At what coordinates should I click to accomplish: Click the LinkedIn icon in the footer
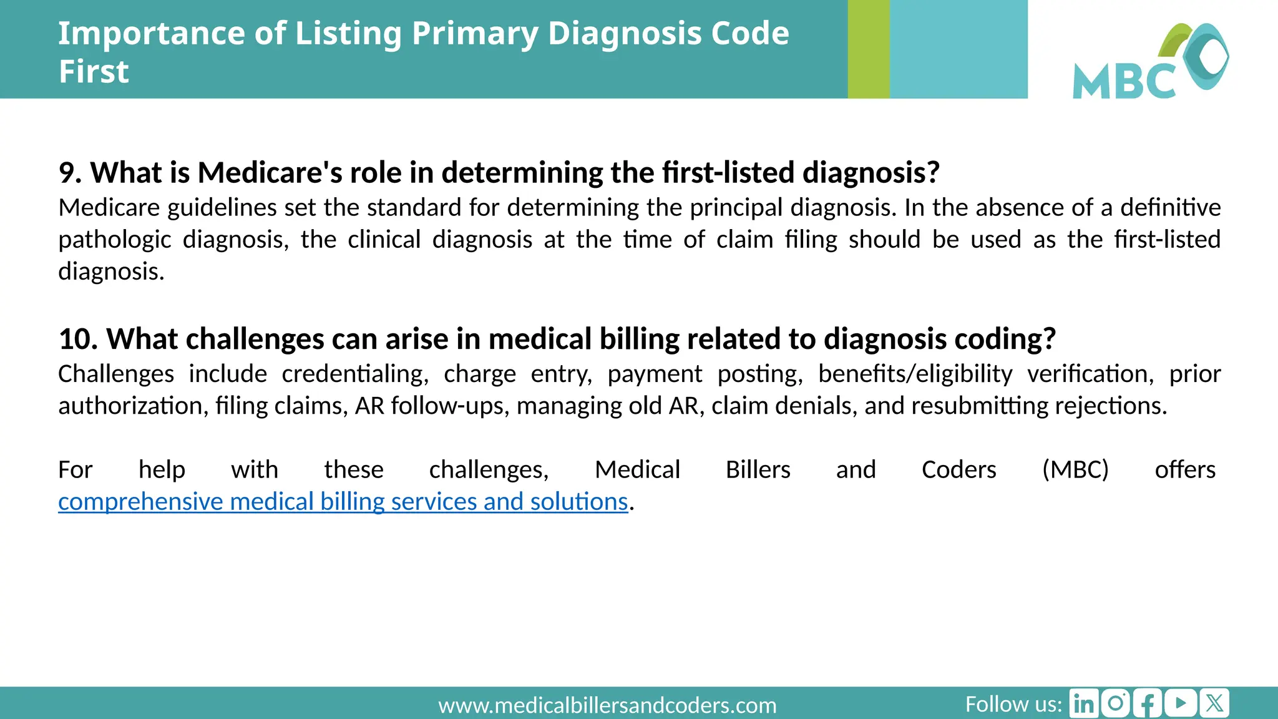(1084, 703)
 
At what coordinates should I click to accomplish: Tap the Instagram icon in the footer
(1116, 703)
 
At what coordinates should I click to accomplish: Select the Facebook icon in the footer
(1148, 703)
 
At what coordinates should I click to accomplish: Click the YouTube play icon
(1181, 703)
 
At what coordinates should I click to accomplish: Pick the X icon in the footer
(1214, 703)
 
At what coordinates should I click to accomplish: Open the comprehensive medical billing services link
(343, 502)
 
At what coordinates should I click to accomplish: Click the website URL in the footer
(607, 705)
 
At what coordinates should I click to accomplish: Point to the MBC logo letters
(1124, 81)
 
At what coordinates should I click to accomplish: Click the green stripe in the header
(868, 49)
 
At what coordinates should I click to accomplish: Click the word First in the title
(94, 71)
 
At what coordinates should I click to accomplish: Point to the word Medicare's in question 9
(270, 173)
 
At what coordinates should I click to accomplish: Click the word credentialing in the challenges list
(354, 374)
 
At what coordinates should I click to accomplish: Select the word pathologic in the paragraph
(114, 240)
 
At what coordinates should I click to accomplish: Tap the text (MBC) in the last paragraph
(1075, 470)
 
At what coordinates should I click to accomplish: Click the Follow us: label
(1013, 704)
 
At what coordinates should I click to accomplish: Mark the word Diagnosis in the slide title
(625, 33)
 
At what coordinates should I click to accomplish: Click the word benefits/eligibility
(915, 374)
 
